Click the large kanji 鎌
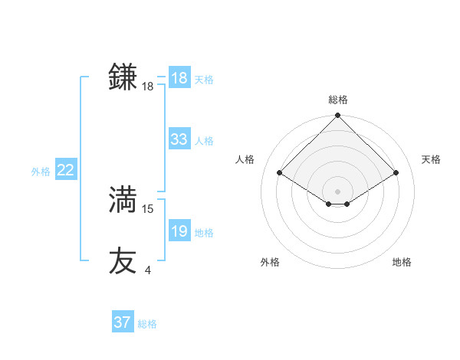coord(123,77)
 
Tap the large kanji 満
coord(123,200)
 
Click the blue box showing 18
coord(179,78)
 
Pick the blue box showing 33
coord(179,139)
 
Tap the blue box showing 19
coord(179,231)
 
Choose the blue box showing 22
coord(65,170)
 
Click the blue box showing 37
coord(122,322)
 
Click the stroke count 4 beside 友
coord(147,270)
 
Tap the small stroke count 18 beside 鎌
coord(148,87)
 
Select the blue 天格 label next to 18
coord(204,79)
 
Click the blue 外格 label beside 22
coord(41,172)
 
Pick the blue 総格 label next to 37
coord(147,324)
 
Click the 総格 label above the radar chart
coord(337,99)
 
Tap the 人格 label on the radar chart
coord(245,159)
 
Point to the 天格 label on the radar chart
coord(431,159)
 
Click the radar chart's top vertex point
coord(337,116)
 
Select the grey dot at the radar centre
coord(337,191)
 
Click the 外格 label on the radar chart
coord(270,262)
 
